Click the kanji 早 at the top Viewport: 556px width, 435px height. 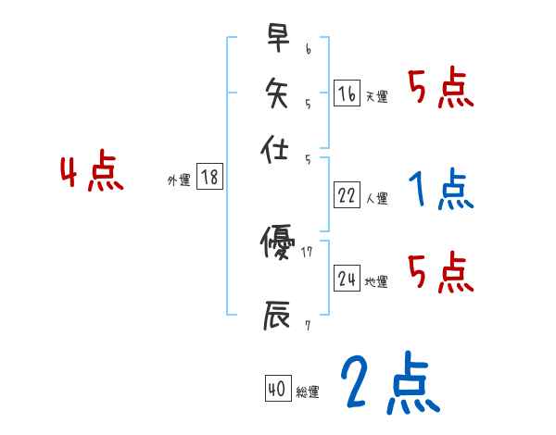pos(276,39)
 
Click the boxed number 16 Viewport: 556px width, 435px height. pos(347,93)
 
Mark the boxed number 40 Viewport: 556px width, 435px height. pos(276,390)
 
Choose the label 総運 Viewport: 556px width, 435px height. pos(307,392)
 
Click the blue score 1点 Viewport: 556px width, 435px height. pos(439,191)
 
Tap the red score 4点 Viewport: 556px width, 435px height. pos(91,174)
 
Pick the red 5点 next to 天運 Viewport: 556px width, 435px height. pos(440,89)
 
